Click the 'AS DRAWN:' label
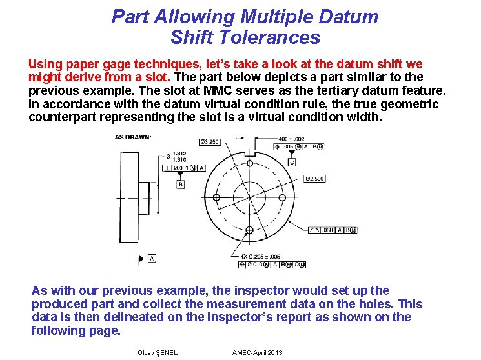133,137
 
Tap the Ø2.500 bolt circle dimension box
314,178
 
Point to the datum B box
181,185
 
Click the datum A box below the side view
152,258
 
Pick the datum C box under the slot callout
291,162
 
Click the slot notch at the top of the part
249,152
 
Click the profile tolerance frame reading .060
333,230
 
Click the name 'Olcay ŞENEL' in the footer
158,352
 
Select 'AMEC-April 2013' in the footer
257,352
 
